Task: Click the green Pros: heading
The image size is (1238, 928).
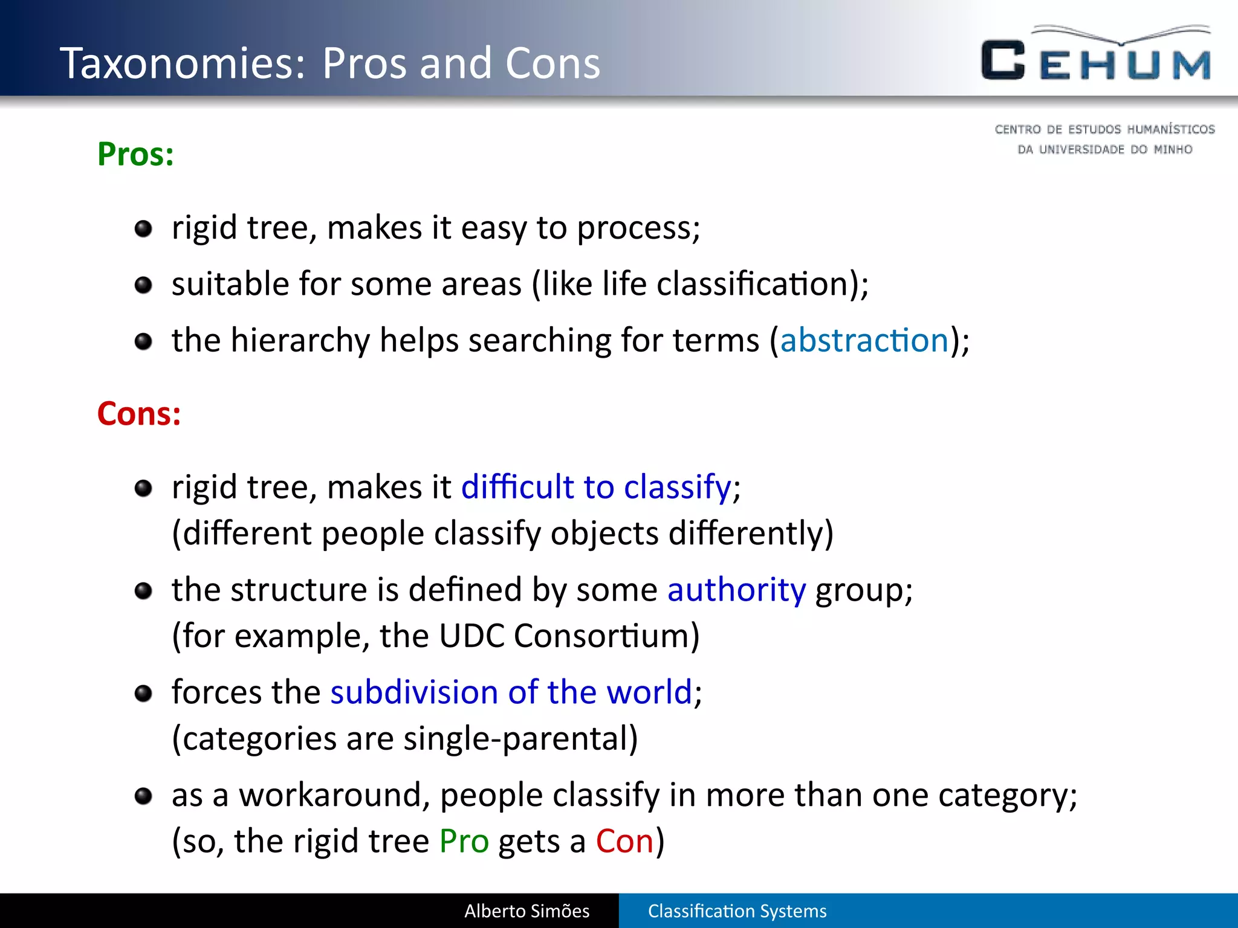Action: [135, 154]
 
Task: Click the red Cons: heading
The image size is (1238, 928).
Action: [139, 414]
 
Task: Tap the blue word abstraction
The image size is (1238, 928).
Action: [864, 340]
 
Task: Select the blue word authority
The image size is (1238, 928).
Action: [736, 590]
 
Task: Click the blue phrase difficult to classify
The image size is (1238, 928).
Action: [596, 487]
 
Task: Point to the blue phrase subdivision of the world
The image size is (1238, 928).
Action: [511, 692]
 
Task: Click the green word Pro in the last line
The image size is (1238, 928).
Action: [464, 841]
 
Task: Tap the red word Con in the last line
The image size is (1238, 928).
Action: [624, 841]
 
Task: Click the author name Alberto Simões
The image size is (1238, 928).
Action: [527, 911]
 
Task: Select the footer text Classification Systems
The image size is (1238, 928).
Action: [737, 911]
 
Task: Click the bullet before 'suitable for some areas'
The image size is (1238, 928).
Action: [143, 285]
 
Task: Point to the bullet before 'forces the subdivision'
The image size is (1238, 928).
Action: [143, 693]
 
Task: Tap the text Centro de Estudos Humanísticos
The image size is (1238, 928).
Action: [1104, 129]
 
